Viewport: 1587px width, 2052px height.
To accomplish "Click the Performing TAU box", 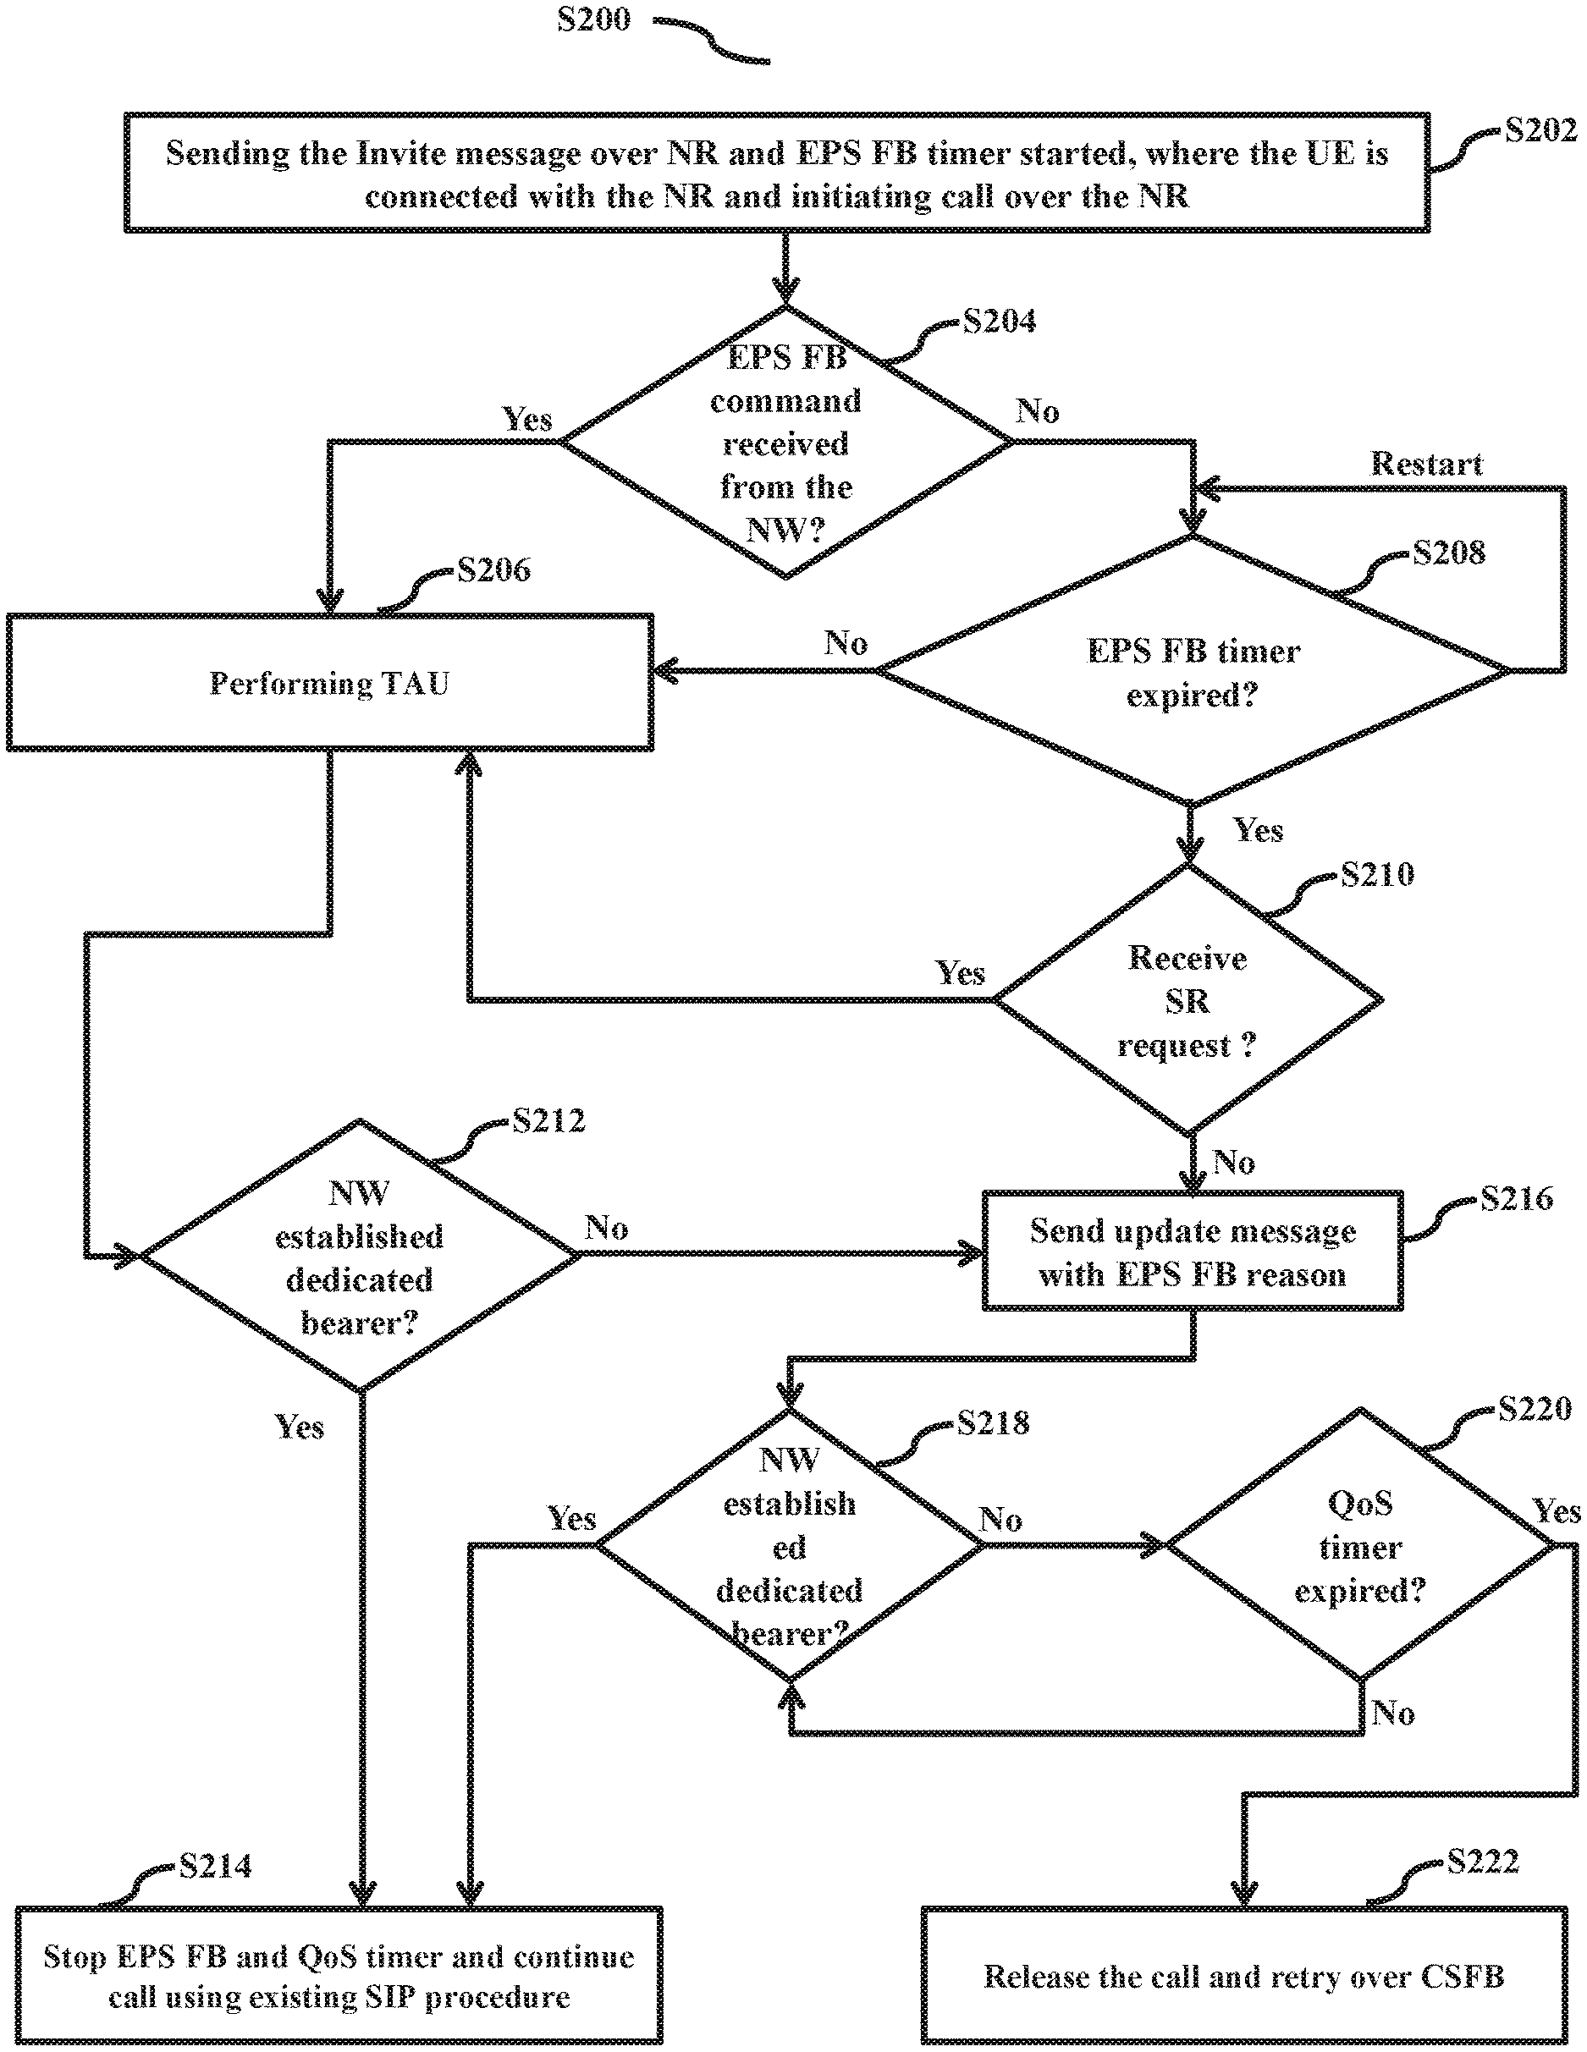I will click(x=329, y=683).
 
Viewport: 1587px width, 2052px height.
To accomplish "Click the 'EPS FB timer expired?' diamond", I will click(x=1192, y=672).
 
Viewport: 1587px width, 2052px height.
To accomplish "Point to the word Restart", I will click(x=1425, y=463).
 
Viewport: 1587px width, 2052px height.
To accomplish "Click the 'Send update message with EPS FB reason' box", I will click(x=1193, y=1252).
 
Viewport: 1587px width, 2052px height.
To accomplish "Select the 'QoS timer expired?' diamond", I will click(x=1359, y=1546).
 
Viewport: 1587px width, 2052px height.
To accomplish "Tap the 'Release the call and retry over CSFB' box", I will click(x=1243, y=1976).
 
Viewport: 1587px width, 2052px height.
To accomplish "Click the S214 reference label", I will click(x=215, y=1866).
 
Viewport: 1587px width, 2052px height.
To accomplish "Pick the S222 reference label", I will click(x=1483, y=1862).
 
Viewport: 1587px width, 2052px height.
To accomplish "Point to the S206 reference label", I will click(x=493, y=569).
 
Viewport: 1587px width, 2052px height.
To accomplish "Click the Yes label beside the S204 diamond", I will click(x=527, y=419).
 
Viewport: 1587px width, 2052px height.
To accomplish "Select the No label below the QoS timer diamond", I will click(x=1392, y=1713).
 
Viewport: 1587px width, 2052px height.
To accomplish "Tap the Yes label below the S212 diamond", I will click(x=299, y=1428).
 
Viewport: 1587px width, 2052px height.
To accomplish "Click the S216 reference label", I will click(x=1516, y=1198).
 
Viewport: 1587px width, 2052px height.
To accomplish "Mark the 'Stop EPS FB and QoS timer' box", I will click(x=339, y=1976).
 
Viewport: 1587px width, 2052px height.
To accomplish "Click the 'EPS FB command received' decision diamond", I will click(x=785, y=443).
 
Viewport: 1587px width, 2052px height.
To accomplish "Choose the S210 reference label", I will click(x=1376, y=875).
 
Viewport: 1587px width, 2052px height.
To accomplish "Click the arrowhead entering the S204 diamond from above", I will click(x=785, y=291).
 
